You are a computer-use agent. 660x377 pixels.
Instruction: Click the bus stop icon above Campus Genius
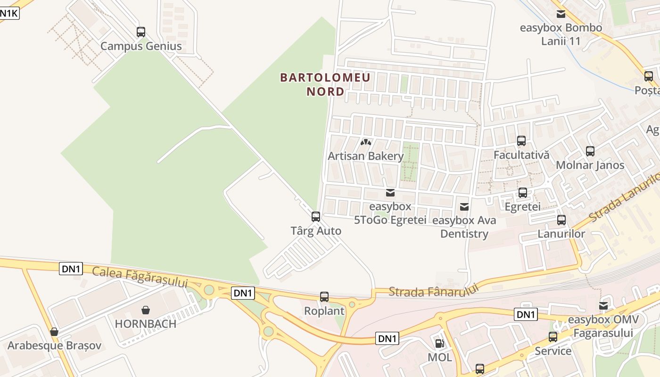pyautogui.click(x=141, y=32)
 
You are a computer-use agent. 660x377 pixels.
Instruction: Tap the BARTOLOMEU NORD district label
pyautogui.click(x=325, y=84)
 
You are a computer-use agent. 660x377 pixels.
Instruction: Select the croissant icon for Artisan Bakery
pyautogui.click(x=365, y=142)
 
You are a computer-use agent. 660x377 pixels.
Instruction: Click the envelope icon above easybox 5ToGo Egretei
pyautogui.click(x=390, y=192)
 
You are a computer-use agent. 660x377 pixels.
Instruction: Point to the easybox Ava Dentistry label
pyautogui.click(x=464, y=227)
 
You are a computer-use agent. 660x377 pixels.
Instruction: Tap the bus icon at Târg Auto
pyautogui.click(x=316, y=217)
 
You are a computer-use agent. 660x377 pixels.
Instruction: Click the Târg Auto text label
pyautogui.click(x=316, y=231)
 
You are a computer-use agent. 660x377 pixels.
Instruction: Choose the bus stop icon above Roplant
pyautogui.click(x=324, y=297)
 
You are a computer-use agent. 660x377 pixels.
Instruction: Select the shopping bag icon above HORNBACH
pyautogui.click(x=146, y=310)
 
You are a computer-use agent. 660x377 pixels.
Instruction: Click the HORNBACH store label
pyautogui.click(x=146, y=324)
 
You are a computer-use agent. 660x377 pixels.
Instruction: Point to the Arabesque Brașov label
pyautogui.click(x=54, y=345)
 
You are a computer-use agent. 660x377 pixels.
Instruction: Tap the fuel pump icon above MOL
pyautogui.click(x=439, y=344)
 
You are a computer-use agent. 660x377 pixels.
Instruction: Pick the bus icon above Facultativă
pyautogui.click(x=521, y=140)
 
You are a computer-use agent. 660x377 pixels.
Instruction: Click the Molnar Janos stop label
pyautogui.click(x=590, y=165)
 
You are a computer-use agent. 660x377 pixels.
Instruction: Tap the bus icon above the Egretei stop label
pyautogui.click(x=523, y=192)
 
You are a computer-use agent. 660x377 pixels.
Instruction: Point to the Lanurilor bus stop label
pyautogui.click(x=561, y=234)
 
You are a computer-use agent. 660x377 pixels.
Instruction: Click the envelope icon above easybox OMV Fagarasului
pyautogui.click(x=603, y=306)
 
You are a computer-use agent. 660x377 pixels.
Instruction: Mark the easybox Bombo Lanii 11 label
pyautogui.click(x=561, y=34)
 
